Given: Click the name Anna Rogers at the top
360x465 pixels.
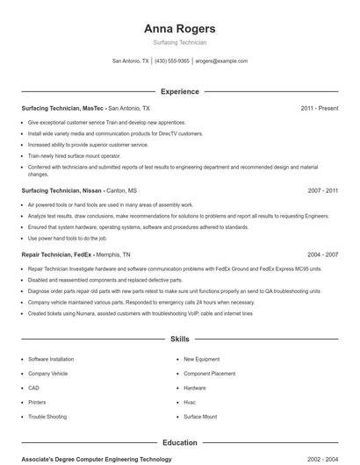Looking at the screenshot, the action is click(179, 29).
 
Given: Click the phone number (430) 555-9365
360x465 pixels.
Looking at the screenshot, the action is click(173, 61).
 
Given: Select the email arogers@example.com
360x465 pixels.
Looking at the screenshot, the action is click(221, 61).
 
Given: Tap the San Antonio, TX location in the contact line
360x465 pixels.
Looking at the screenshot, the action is click(131, 61).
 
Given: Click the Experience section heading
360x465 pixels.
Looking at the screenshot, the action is click(179, 91).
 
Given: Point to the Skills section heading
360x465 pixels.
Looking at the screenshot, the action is click(179, 338).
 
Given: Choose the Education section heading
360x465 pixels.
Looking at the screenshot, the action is click(179, 443).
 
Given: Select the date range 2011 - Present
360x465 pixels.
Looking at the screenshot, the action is click(319, 108).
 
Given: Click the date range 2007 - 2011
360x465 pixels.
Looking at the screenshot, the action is click(322, 190).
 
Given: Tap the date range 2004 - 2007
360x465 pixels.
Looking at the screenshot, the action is click(322, 254).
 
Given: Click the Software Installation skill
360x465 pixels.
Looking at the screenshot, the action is click(51, 359).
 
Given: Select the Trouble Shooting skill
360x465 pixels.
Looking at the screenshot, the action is click(47, 417).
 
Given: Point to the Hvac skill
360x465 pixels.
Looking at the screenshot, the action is click(191, 402).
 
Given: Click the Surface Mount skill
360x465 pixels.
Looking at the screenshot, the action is click(199, 417).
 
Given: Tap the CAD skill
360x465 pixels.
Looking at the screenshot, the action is click(33, 388).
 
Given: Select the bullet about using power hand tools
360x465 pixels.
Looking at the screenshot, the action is click(67, 238).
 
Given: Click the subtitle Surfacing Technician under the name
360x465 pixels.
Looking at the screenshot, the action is click(179, 42).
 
